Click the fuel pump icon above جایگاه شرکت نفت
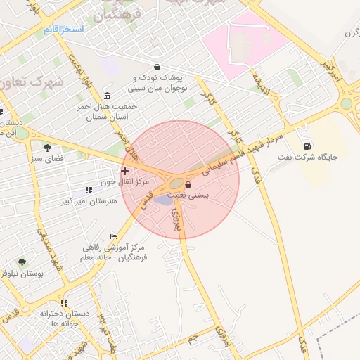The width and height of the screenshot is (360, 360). (x=307, y=146)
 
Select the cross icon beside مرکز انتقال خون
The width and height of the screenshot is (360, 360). (x=124, y=171)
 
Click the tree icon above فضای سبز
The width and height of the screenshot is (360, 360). (x=47, y=148)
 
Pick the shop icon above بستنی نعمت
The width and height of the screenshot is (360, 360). (x=188, y=184)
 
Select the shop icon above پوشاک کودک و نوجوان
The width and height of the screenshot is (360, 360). (x=156, y=67)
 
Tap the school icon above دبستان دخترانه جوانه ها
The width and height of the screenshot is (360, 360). (x=64, y=303)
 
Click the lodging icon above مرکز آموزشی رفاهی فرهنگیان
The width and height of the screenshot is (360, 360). (x=113, y=237)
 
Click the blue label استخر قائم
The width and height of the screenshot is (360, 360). (x=63, y=30)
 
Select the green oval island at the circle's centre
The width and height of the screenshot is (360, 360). (x=175, y=185)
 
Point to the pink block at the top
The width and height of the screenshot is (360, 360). (x=243, y=42)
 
